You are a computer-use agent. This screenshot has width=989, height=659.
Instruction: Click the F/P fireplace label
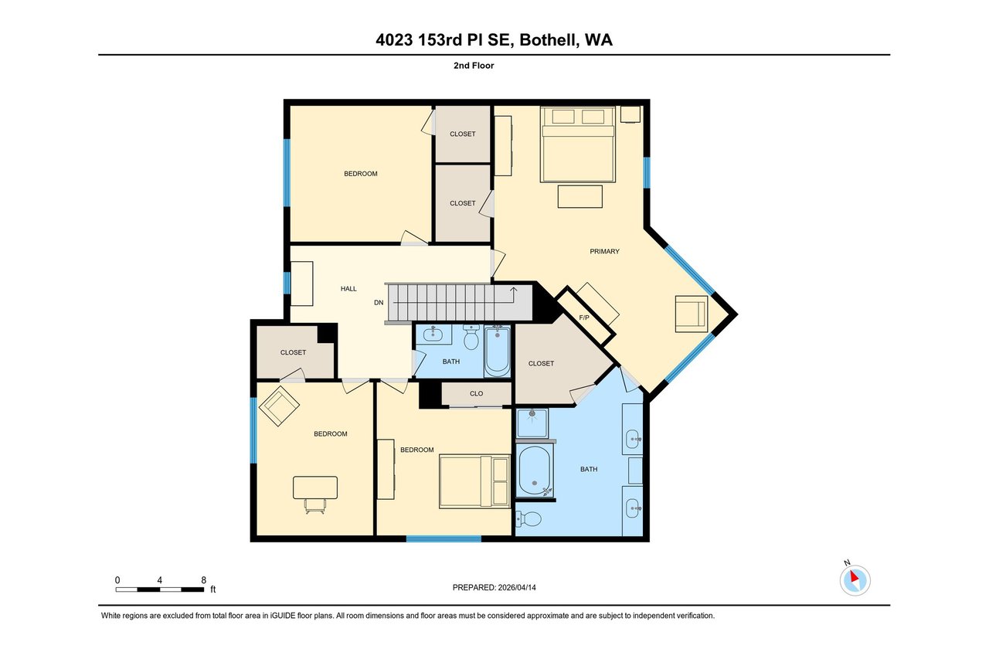583,317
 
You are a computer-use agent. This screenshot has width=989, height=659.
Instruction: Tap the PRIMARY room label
604,251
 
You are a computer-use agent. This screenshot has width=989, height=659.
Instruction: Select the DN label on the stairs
379,302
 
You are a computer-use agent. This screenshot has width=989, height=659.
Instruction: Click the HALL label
348,288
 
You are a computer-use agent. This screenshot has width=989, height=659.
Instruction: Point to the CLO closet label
476,393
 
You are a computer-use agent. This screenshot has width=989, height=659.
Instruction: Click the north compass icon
855,579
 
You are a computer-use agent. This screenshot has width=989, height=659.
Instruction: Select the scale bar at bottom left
161,589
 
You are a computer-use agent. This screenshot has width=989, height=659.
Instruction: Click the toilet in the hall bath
471,338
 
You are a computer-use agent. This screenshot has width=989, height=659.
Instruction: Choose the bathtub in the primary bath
534,470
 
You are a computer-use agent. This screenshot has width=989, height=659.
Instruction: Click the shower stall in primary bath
532,423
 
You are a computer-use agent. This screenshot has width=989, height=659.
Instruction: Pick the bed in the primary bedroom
578,143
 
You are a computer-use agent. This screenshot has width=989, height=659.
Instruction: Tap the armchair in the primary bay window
692,314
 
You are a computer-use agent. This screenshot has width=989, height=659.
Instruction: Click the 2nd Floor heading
474,66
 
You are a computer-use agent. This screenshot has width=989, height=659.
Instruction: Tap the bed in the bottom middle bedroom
474,481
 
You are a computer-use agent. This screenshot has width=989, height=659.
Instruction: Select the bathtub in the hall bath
498,352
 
